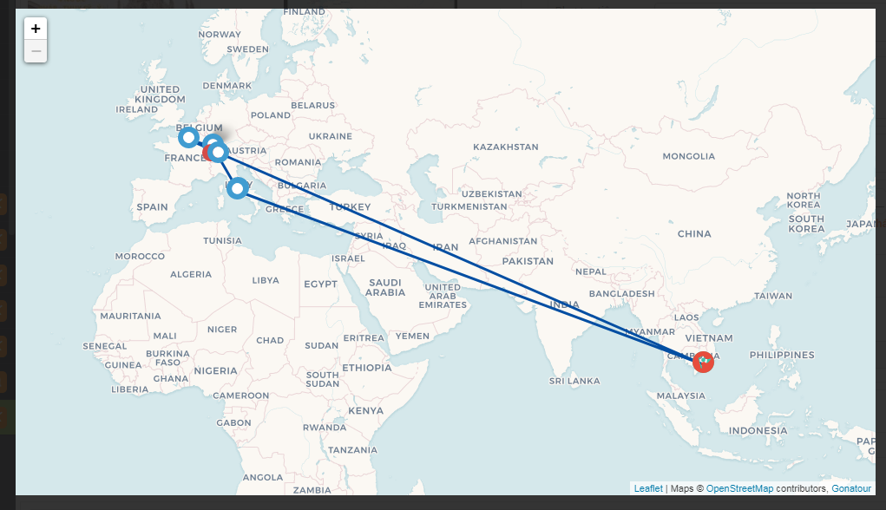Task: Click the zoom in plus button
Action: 36,29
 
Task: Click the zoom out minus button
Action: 36,51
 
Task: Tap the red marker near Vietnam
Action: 704,362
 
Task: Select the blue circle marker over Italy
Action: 237,188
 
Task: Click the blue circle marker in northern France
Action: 188,137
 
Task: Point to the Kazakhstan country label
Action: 505,147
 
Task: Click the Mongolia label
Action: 688,157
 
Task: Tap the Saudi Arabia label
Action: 385,288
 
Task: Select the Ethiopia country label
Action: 367,368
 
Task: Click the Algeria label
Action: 190,275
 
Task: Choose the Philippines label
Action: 783,355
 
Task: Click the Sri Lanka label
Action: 574,381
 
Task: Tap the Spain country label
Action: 151,207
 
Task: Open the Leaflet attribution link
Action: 647,489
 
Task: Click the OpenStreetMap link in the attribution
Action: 739,489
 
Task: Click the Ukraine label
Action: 330,136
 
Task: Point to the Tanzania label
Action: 352,449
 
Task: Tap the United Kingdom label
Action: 160,95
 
